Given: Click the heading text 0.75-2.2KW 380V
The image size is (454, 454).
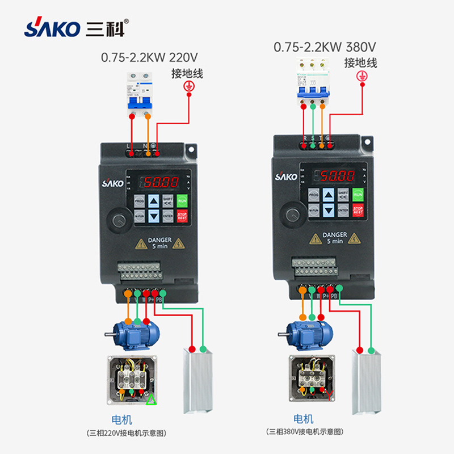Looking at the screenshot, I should coord(325,47).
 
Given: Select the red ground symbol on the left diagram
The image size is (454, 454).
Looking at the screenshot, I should coord(190,86).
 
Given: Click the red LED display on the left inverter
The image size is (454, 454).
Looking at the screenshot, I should coord(160,182).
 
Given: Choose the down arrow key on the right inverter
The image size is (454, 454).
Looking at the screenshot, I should coord(329,211).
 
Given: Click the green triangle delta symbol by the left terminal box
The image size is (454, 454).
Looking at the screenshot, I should coord(151,400).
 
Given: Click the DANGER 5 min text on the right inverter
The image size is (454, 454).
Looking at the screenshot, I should coord(334,238).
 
